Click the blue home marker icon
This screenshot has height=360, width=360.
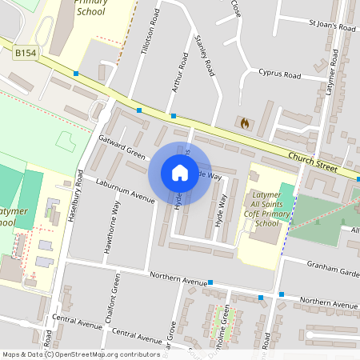pyautogui.click(x=180, y=172)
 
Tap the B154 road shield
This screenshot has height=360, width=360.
pyautogui.click(x=26, y=52)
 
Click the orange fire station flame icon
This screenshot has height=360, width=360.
pyautogui.click(x=245, y=123)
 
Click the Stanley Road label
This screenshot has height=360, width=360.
pyautogui.click(x=206, y=56)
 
